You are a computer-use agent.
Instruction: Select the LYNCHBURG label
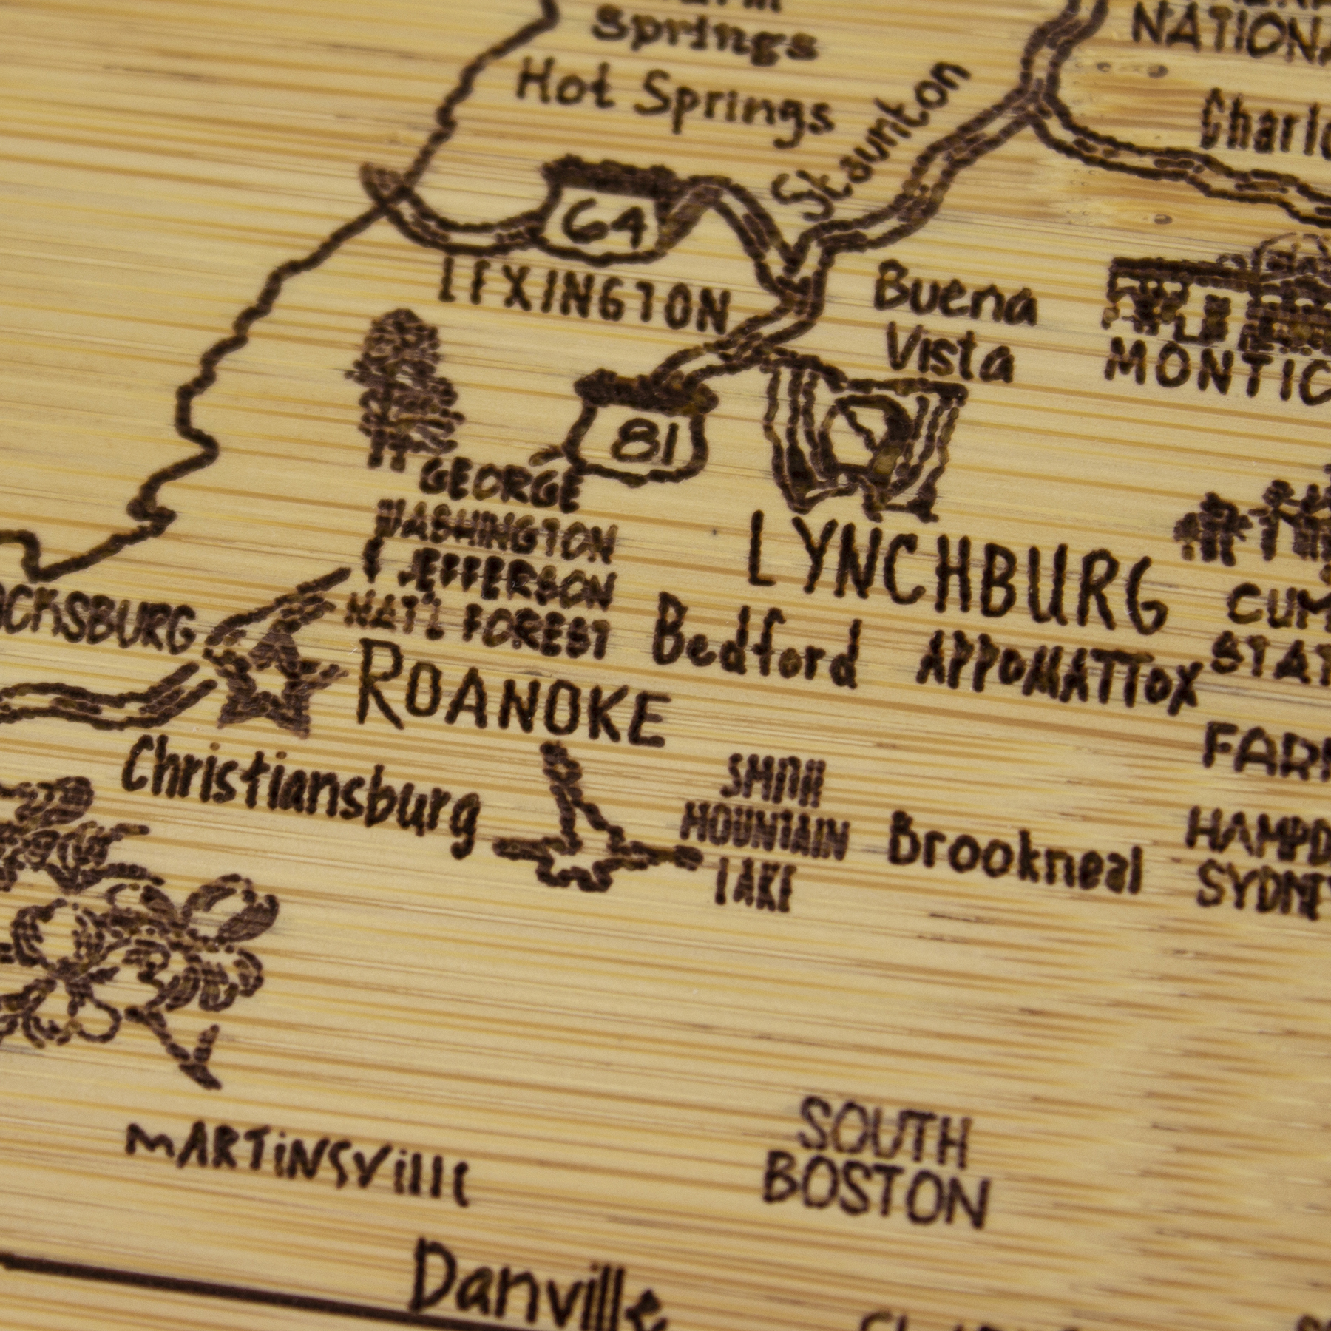coord(954,573)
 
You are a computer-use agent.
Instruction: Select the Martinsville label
coord(296,1157)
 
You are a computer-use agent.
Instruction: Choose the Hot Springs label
coord(673,104)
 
